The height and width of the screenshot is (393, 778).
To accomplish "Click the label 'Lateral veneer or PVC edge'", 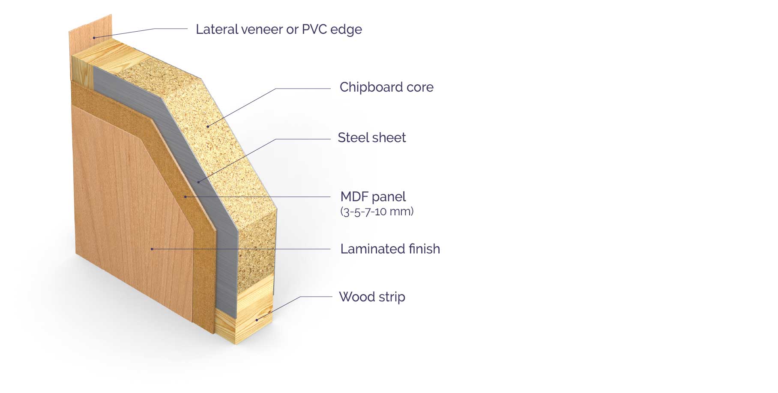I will coord(278,29).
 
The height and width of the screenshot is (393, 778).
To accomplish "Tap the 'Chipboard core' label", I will coord(386,87).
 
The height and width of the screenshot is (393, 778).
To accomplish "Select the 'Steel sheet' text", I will coord(371,137).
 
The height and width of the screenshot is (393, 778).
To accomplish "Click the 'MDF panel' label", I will coord(373,196).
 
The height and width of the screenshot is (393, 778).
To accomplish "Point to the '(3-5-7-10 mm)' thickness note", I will coord(377,211).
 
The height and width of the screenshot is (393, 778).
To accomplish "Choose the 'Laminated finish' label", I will coord(390,249).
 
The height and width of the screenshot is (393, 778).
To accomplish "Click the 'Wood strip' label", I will coord(371,297).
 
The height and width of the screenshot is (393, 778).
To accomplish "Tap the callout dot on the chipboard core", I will coord(208,126).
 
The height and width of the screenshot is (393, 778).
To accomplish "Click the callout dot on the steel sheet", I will coord(198,182).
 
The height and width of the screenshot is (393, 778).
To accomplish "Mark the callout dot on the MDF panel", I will coord(185,196).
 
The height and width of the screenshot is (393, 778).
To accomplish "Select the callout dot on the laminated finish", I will coord(152,248).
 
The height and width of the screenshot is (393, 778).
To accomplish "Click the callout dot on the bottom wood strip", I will coord(257,320).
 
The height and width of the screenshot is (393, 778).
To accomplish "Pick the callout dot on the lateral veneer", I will coord(94,38).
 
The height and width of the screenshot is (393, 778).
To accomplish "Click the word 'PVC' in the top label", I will coord(314,29).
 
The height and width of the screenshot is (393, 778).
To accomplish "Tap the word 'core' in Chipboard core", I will coord(420,87).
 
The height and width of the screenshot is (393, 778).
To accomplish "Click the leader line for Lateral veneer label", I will coord(171,28).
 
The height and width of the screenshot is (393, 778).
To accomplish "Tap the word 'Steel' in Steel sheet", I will coord(352,137).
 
